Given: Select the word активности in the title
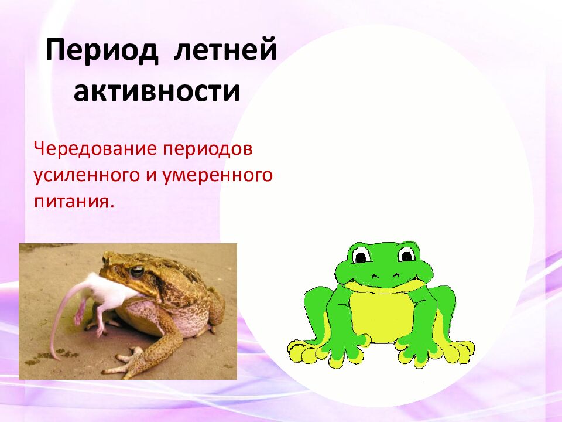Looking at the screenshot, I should pos(157,92).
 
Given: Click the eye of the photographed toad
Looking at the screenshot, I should pos(138,271).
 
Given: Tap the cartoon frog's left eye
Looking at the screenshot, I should pos(361,256).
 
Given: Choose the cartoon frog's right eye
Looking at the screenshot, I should pos(406,254).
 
